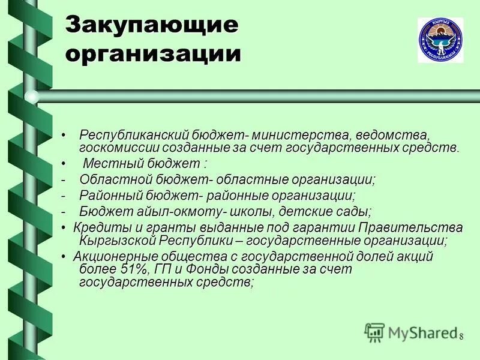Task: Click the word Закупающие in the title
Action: (x=152, y=26)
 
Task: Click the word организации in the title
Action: (x=154, y=53)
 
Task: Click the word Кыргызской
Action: (x=118, y=241)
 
